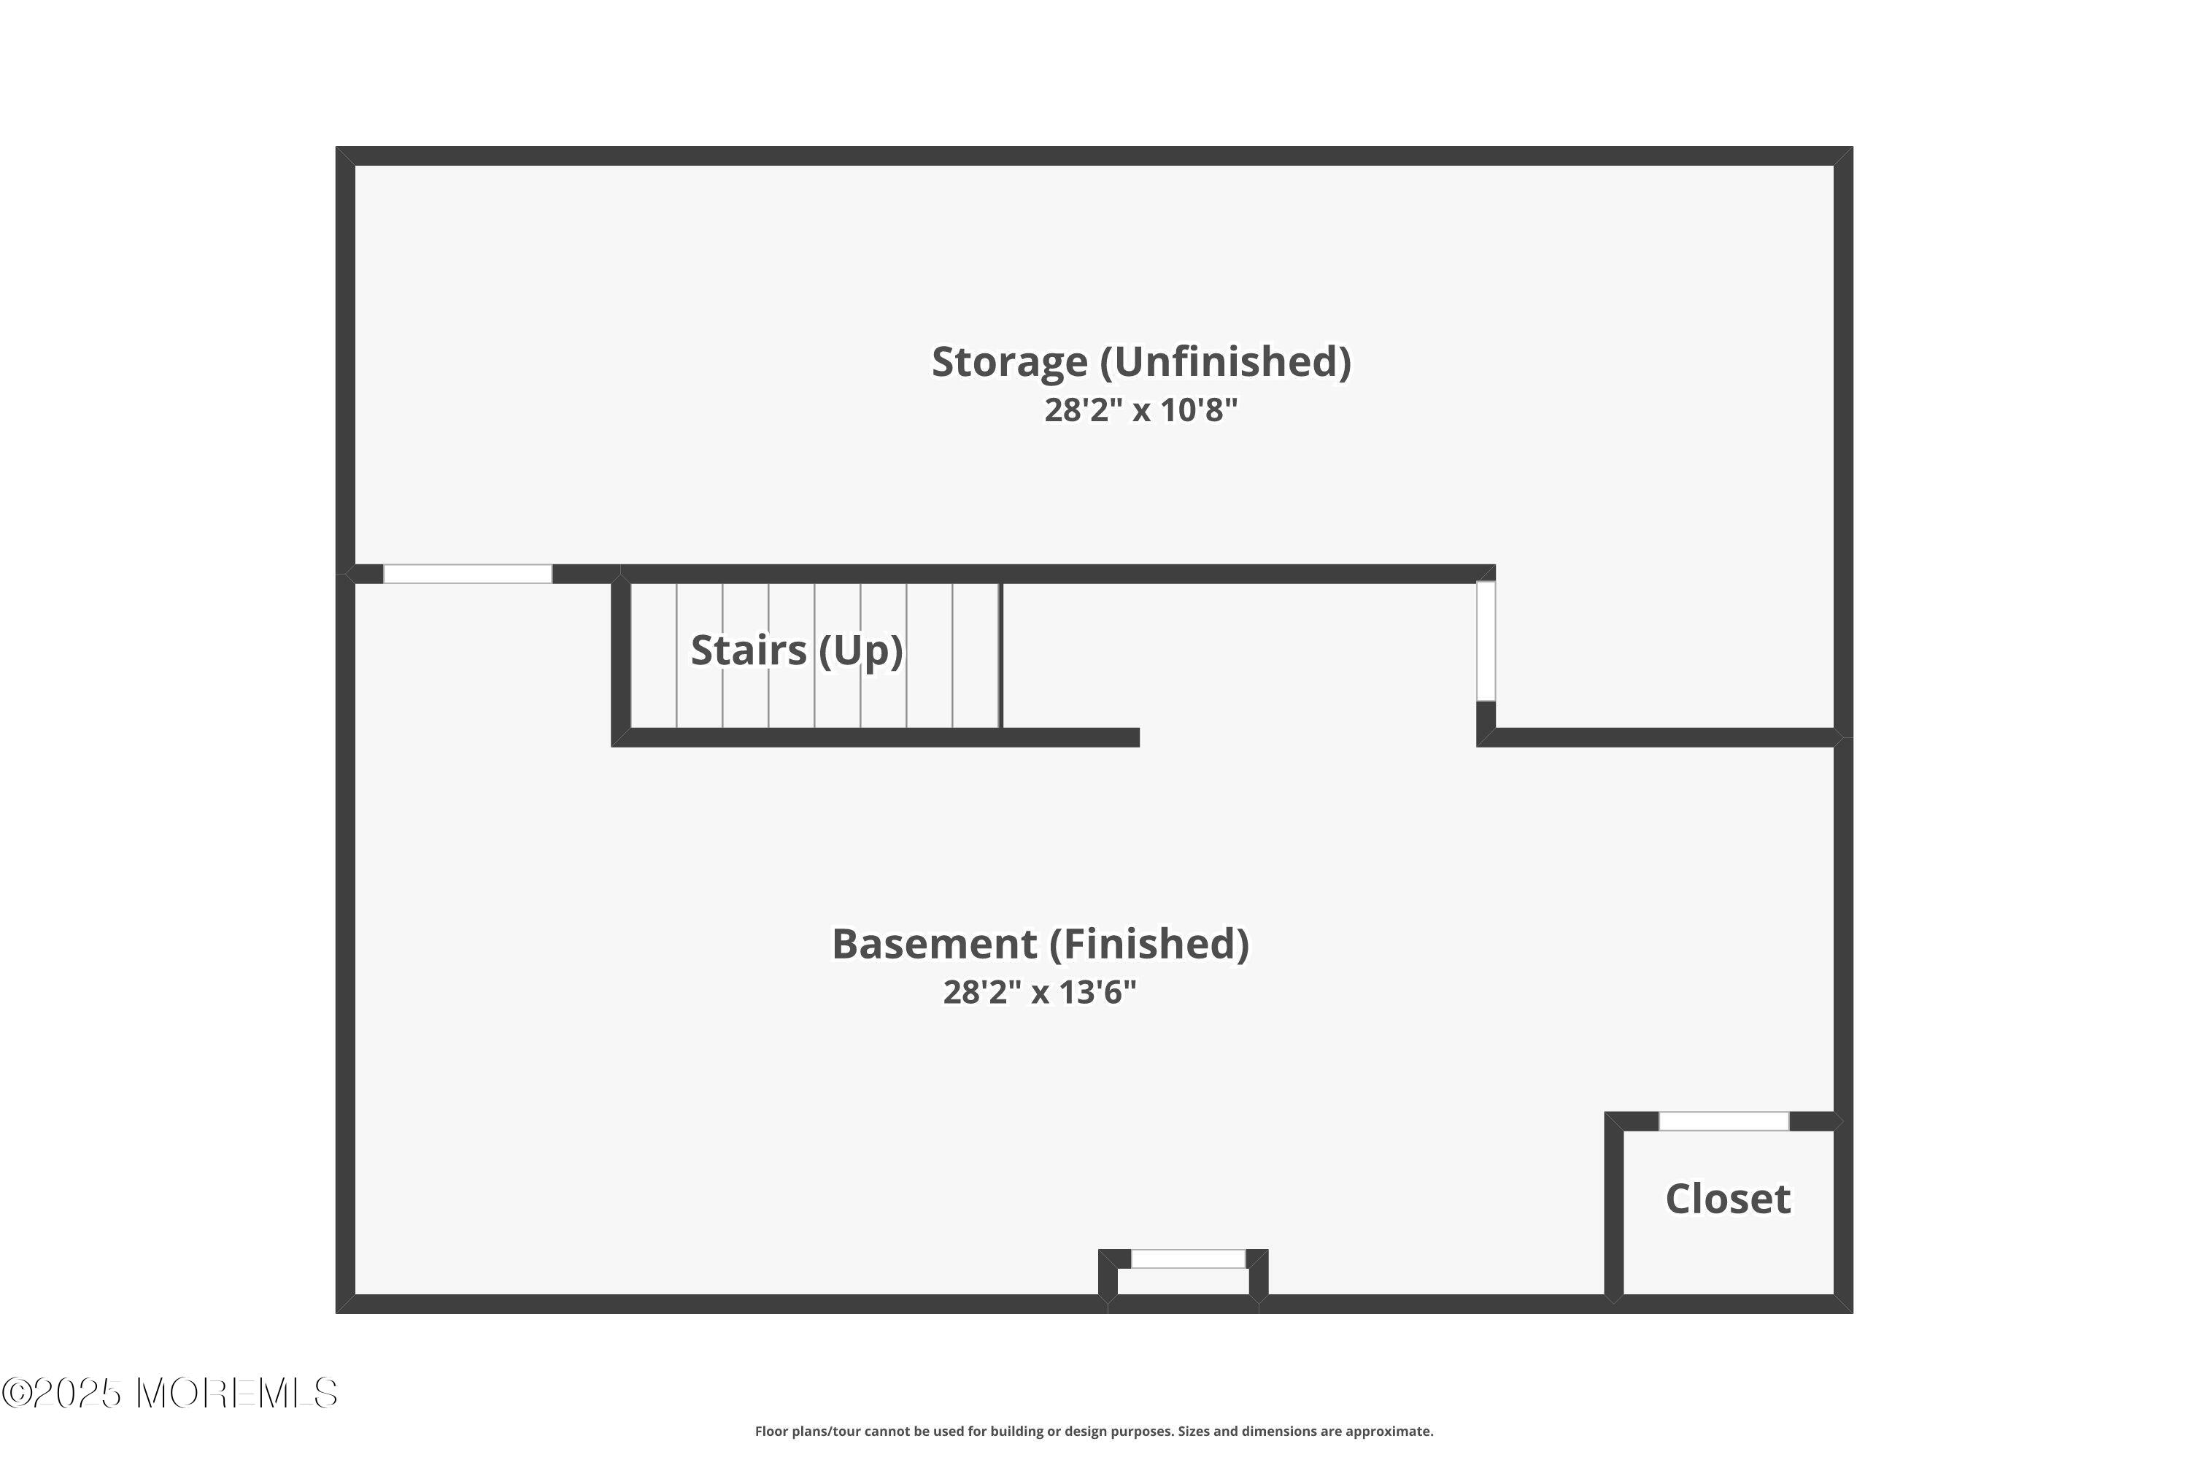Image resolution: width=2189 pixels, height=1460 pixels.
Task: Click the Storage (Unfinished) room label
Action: [x=1141, y=362]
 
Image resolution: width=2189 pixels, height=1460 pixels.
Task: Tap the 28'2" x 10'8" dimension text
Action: [x=1141, y=410]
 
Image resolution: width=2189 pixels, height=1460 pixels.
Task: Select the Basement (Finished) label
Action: [x=1040, y=944]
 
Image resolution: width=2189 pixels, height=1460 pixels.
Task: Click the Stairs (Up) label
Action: [x=797, y=650]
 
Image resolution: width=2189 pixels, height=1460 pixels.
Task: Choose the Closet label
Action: [x=1727, y=1199]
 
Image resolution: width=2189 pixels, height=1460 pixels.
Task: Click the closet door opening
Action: [x=1723, y=1121]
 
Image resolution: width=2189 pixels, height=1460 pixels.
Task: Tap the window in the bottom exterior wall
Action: [x=1188, y=1259]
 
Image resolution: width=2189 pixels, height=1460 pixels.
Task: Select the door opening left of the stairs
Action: [x=467, y=574]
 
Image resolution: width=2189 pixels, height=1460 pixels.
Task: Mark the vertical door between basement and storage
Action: [x=1486, y=641]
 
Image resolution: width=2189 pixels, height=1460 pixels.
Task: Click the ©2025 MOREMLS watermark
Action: [x=169, y=1394]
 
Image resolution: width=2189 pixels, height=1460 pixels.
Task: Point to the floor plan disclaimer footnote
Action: [x=1094, y=1431]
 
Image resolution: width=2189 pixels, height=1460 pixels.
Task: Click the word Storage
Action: [x=1010, y=362]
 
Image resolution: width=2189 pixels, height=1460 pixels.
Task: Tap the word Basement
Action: [x=933, y=944]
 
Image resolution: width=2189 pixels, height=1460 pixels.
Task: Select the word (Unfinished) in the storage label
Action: [x=1226, y=362]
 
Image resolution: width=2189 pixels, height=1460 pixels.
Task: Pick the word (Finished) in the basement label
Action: [x=1149, y=944]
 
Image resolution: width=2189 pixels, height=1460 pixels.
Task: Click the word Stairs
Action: [x=749, y=650]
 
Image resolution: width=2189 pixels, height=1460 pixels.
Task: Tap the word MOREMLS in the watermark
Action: [x=236, y=1394]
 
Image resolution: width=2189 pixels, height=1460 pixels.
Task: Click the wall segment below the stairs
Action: [x=876, y=737]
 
